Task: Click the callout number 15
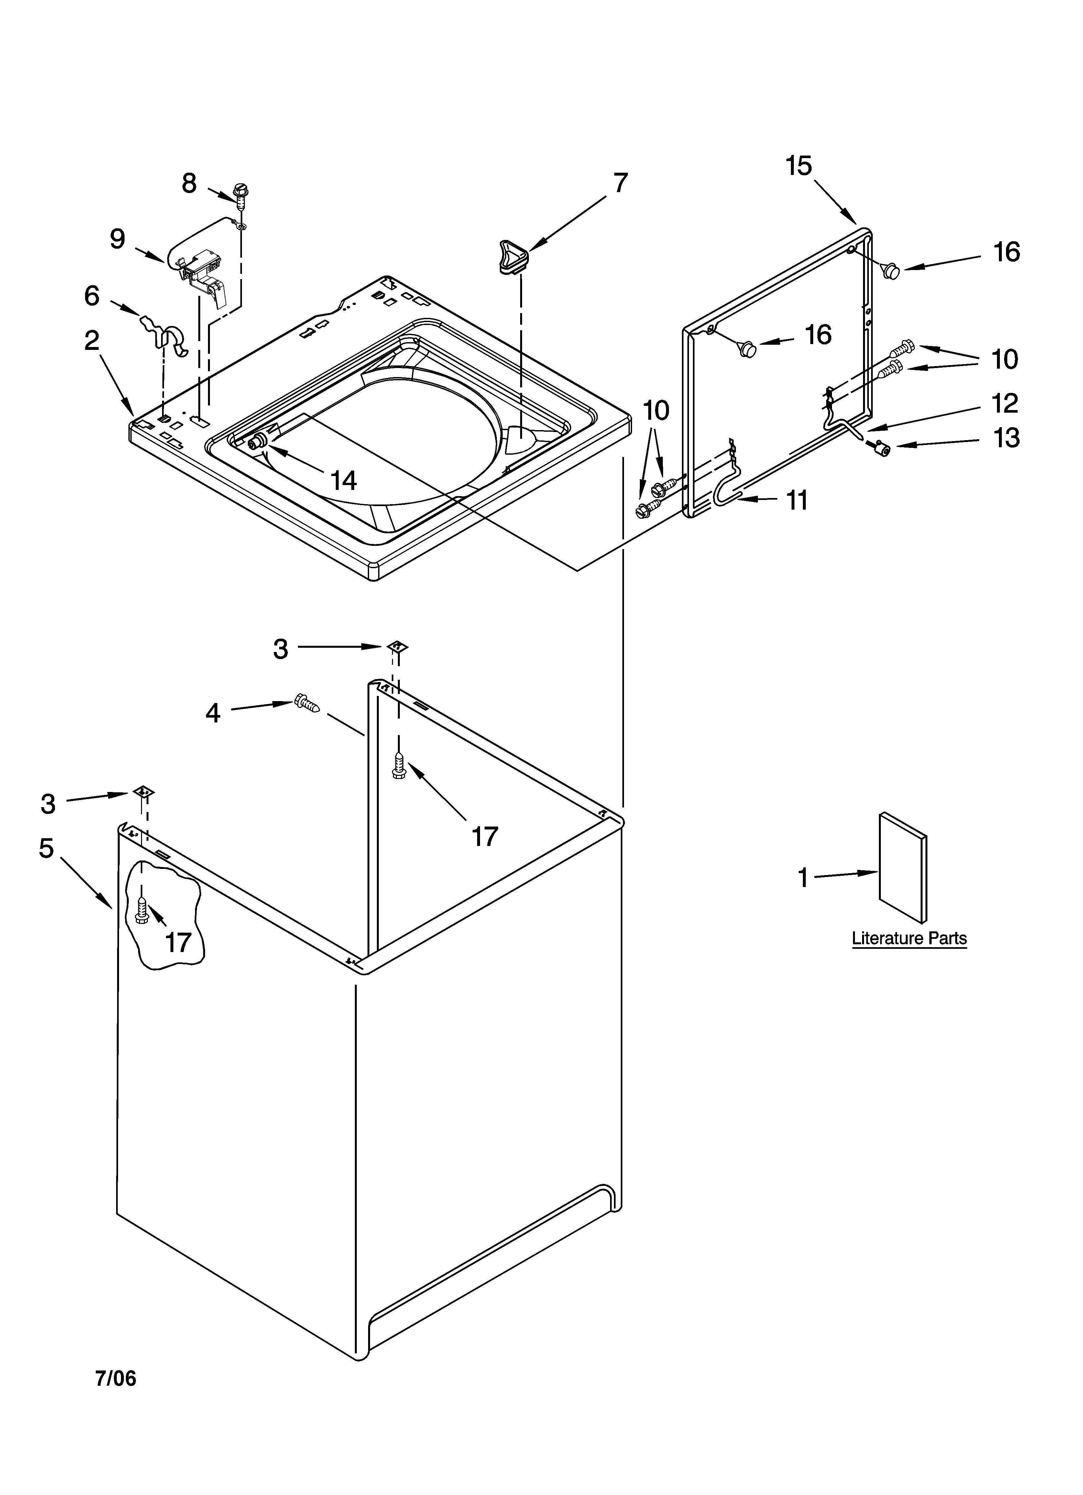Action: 798,166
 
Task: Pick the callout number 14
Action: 344,481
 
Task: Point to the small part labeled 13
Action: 880,449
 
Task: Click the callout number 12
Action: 1005,403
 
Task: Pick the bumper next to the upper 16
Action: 892,270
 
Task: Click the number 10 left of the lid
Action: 656,411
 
